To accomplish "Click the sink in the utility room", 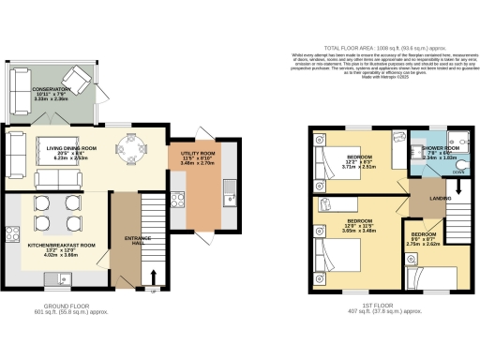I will pos(228,200).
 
